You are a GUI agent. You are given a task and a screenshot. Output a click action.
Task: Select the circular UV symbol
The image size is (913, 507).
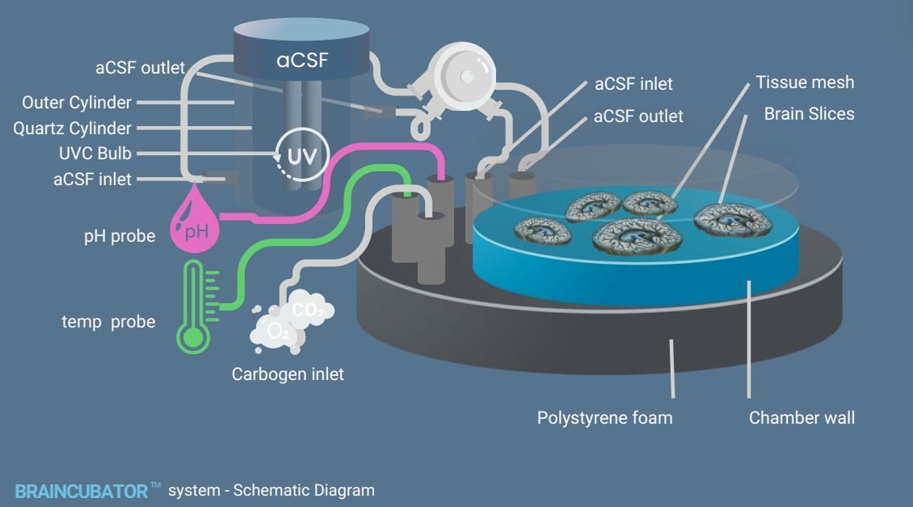point(302,154)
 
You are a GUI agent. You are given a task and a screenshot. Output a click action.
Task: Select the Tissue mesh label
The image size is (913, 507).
point(805,82)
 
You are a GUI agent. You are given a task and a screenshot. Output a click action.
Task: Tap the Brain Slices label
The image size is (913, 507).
point(809,114)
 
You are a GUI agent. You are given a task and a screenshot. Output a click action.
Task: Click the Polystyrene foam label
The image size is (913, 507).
point(604,418)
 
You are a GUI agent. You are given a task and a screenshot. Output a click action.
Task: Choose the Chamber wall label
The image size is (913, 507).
point(802,418)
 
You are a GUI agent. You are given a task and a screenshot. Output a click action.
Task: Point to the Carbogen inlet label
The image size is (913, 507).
point(288,374)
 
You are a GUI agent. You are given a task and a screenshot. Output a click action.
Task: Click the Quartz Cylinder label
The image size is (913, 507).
point(72,129)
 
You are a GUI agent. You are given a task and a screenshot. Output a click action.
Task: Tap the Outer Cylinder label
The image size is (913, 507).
point(77,103)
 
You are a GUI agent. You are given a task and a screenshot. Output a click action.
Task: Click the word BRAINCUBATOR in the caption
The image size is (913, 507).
point(81,490)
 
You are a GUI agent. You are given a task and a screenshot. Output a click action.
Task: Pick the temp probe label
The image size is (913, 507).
point(108,321)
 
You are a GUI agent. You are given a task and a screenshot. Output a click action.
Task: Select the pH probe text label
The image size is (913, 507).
point(120,237)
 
